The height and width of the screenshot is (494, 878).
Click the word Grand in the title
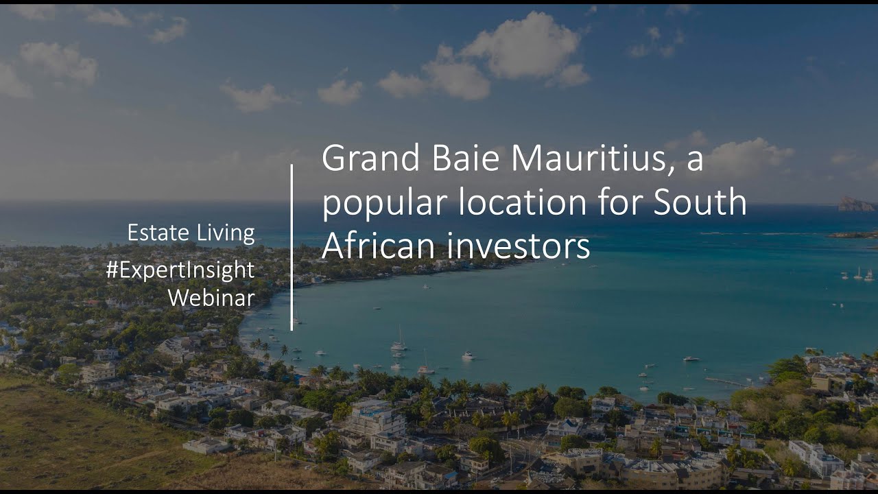point(371,158)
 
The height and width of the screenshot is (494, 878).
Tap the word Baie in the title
point(466,158)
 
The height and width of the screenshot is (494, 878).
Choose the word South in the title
point(700,202)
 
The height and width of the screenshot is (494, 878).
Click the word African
point(378,246)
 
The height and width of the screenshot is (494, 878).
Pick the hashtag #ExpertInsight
point(180,271)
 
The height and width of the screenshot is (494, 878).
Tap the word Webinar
point(212,298)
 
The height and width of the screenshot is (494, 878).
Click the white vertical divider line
point(292,248)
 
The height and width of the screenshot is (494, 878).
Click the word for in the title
point(619,202)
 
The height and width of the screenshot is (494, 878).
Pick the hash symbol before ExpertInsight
point(112,270)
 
